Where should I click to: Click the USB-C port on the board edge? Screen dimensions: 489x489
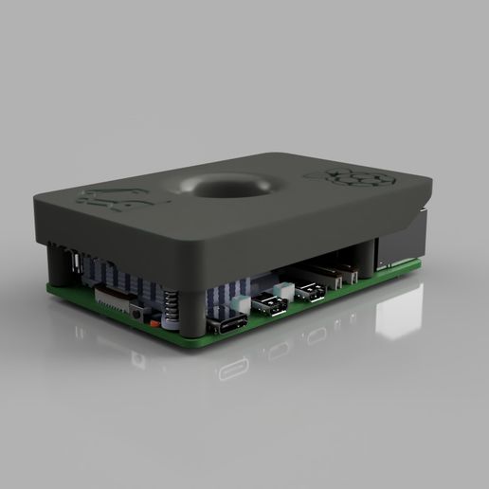[230, 325]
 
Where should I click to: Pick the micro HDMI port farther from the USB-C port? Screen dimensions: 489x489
[309, 293]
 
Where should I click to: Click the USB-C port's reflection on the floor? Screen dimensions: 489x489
[233, 369]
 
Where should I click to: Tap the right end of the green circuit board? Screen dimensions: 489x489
[417, 266]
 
